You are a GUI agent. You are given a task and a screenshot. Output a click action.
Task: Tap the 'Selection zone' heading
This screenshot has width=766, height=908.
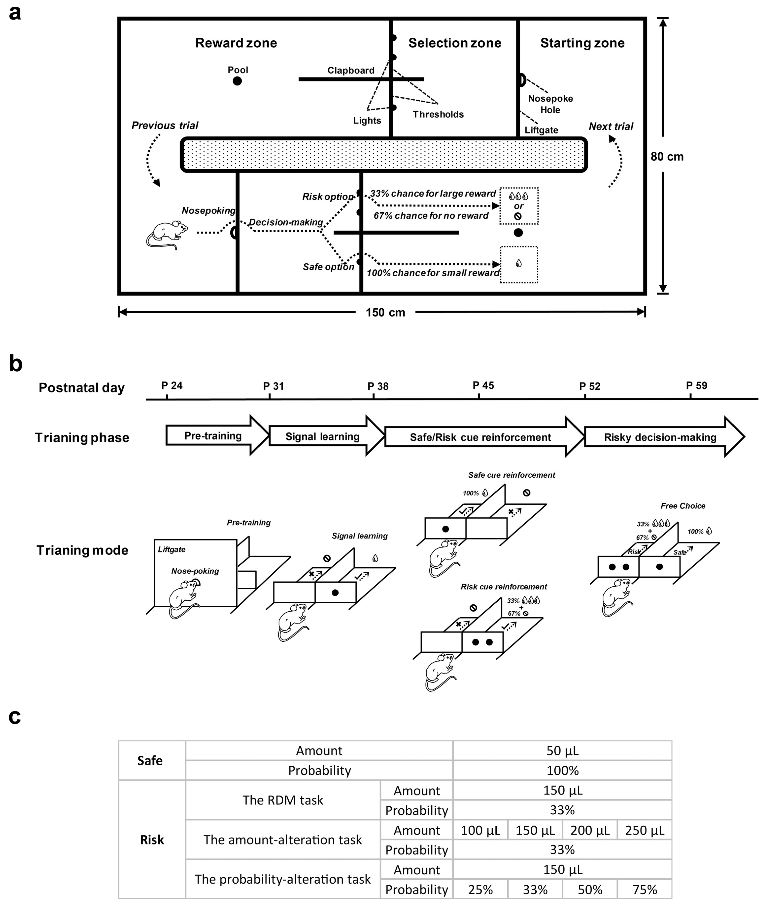pyautogui.click(x=455, y=43)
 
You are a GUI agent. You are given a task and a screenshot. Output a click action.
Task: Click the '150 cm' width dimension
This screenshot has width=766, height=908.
pyautogui.click(x=385, y=312)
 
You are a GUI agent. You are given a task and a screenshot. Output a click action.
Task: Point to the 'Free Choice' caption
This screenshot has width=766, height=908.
pyautogui.click(x=683, y=506)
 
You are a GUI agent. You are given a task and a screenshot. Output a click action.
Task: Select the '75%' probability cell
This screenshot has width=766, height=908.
pyautogui.click(x=644, y=890)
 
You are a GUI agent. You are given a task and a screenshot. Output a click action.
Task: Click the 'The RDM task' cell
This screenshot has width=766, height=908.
pyautogui.click(x=283, y=800)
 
